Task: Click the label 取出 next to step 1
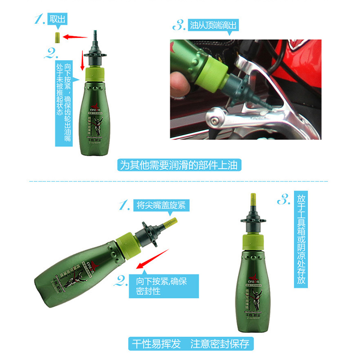(x=57, y=19)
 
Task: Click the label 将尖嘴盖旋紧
(x=161, y=205)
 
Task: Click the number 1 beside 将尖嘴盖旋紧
(x=124, y=205)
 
